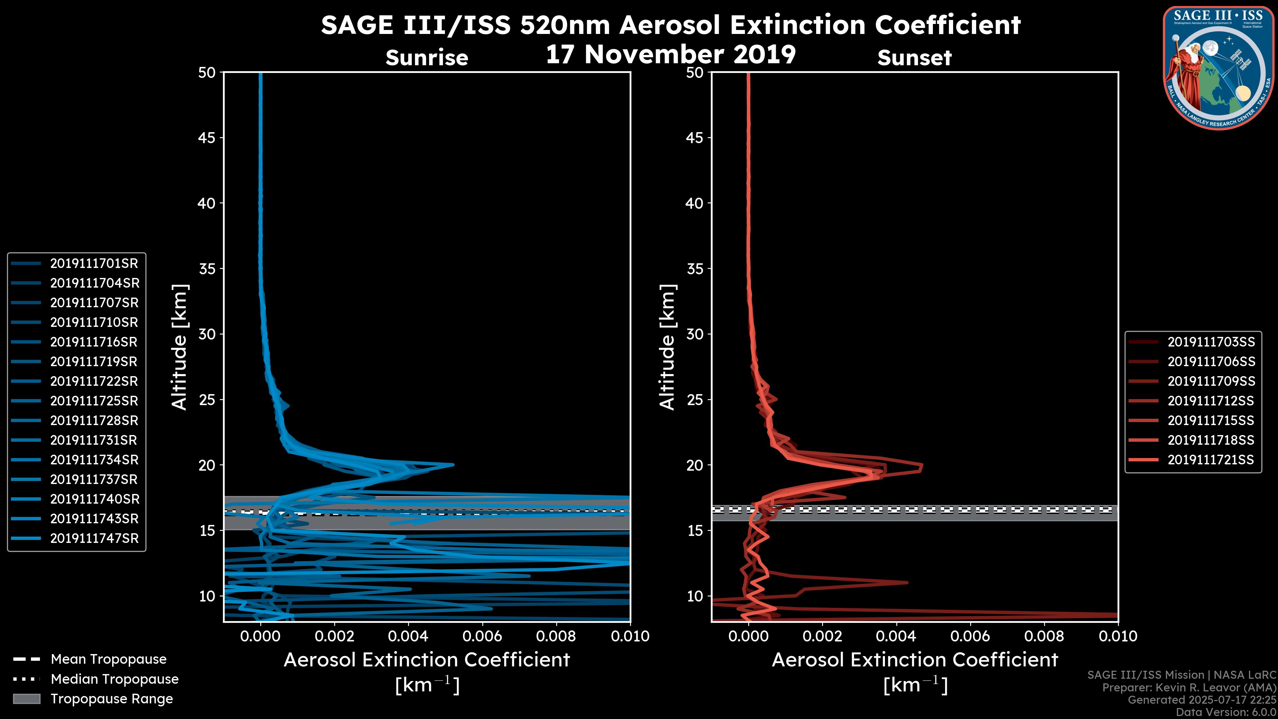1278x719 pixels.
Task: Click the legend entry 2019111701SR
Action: pyautogui.click(x=94, y=264)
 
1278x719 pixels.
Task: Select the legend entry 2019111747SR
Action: pyautogui.click(x=94, y=538)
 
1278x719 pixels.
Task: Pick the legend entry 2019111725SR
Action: pyautogui.click(x=94, y=401)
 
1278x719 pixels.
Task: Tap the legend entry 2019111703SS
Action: pyautogui.click(x=1211, y=342)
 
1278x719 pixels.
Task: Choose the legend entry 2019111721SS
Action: pyautogui.click(x=1211, y=460)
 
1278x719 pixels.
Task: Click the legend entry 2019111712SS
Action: pyautogui.click(x=1211, y=401)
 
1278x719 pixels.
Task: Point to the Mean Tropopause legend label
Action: pyautogui.click(x=108, y=659)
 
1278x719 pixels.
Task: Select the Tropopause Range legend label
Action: pyautogui.click(x=111, y=699)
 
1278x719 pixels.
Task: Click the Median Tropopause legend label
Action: pyautogui.click(x=114, y=679)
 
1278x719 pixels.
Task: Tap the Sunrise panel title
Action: pyautogui.click(x=427, y=58)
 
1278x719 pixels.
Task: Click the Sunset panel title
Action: pyautogui.click(x=914, y=58)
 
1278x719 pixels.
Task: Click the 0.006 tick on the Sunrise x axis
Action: pyautogui.click(x=482, y=636)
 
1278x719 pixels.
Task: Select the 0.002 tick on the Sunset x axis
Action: pyautogui.click(x=822, y=636)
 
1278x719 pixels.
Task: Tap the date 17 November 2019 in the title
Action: pyautogui.click(x=671, y=55)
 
